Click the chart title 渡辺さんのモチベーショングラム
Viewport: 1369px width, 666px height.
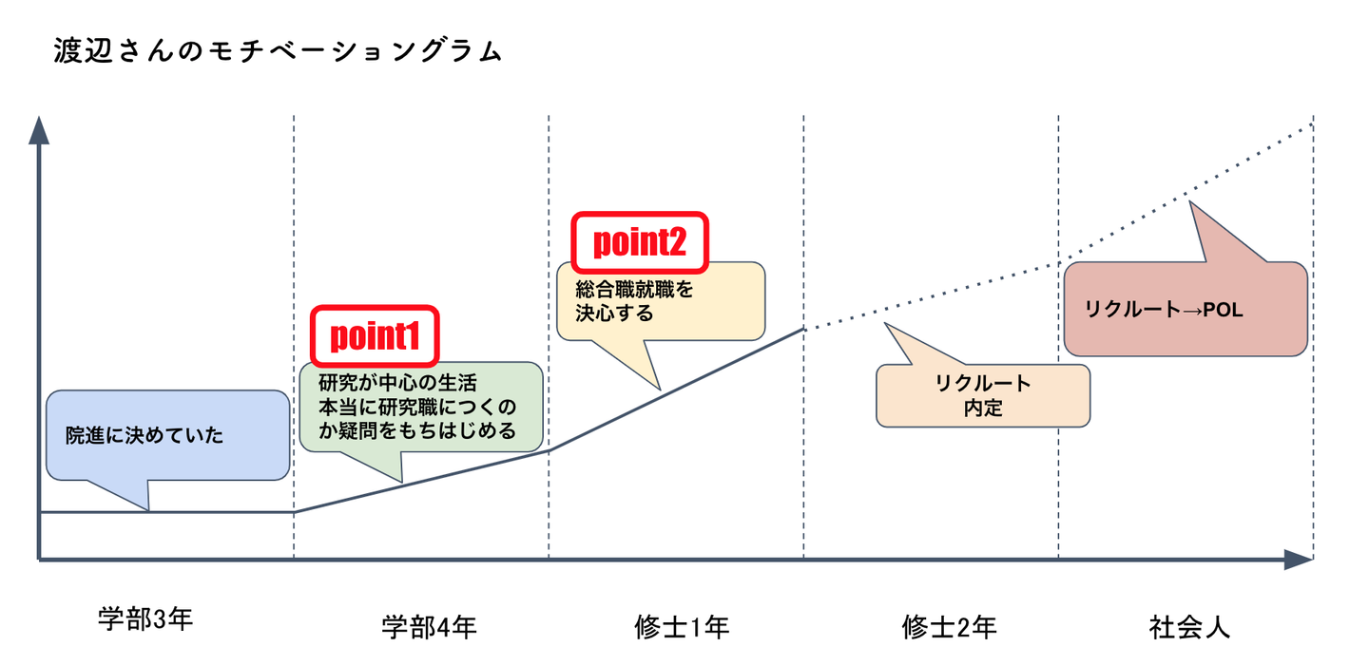[279, 51]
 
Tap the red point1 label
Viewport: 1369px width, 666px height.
[375, 335]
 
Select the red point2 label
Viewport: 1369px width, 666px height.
[639, 241]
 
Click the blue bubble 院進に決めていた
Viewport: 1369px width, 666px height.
[166, 436]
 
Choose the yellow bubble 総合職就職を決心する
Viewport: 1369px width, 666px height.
[660, 300]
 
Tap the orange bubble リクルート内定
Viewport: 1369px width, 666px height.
[982, 395]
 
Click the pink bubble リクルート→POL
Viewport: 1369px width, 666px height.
[1185, 310]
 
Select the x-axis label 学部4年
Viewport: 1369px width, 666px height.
[429, 627]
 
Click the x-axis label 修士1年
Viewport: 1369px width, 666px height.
[682, 627]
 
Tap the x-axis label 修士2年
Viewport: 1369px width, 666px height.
[949, 627]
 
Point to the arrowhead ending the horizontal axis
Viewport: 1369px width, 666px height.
[1298, 560]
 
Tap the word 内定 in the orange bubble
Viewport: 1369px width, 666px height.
[983, 409]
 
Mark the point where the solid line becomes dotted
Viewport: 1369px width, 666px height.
[803, 329]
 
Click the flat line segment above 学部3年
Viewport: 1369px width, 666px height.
[166, 512]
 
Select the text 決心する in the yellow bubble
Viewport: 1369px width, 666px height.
[614, 314]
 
